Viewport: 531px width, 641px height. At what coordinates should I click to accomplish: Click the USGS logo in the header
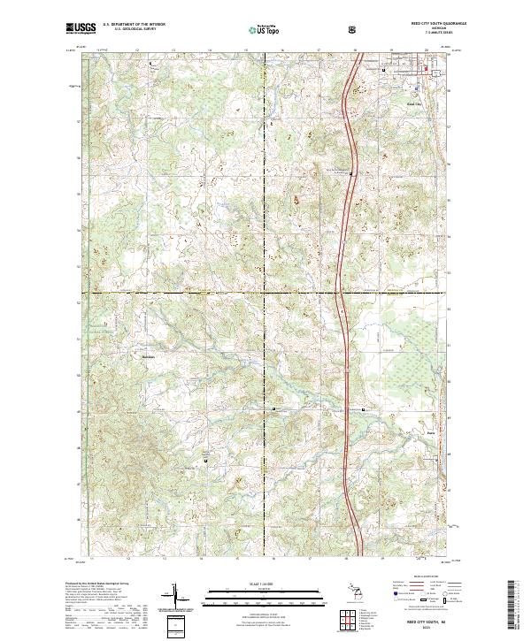point(81,29)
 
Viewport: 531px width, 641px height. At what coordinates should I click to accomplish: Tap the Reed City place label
point(414,104)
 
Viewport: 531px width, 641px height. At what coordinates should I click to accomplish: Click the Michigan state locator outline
point(361,592)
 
